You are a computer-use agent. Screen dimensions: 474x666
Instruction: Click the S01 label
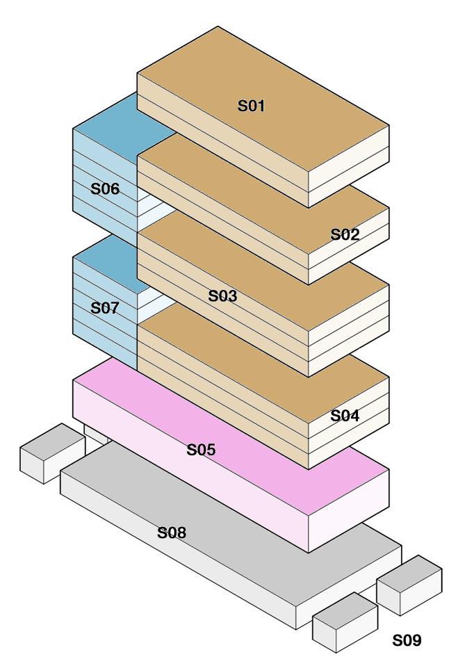[252, 106]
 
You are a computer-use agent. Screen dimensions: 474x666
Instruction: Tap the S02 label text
[345, 234]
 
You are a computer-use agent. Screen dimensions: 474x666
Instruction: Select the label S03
[222, 296]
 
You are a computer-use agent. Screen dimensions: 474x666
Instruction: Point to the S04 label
[345, 416]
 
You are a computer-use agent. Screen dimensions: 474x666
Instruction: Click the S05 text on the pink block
[201, 450]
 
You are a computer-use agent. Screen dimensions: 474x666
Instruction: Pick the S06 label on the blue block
[105, 188]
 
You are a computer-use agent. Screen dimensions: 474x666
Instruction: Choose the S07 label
[105, 308]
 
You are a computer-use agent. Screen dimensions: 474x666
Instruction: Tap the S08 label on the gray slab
[172, 533]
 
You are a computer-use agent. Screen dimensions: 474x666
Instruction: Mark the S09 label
[407, 640]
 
